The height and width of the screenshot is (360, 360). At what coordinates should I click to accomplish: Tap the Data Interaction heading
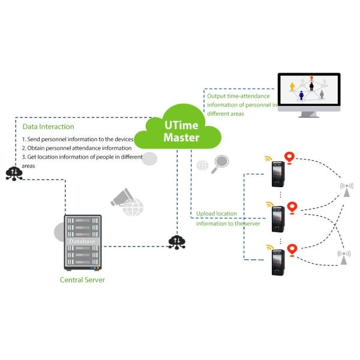point(49,127)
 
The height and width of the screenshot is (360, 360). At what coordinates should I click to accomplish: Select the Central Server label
point(82,280)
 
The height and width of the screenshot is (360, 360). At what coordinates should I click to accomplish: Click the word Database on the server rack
point(82,241)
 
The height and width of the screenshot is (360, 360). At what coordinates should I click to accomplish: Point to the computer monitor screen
point(308,90)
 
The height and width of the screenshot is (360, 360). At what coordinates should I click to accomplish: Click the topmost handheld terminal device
point(277,174)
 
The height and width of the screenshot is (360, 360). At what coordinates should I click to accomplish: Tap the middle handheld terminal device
point(277,218)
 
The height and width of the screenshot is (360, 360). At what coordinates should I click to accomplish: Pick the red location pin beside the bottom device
point(292,248)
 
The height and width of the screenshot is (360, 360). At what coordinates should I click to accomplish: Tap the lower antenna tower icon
point(343,257)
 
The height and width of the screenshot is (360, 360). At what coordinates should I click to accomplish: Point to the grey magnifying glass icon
point(221,163)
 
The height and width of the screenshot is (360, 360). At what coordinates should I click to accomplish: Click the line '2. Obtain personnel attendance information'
point(76,148)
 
